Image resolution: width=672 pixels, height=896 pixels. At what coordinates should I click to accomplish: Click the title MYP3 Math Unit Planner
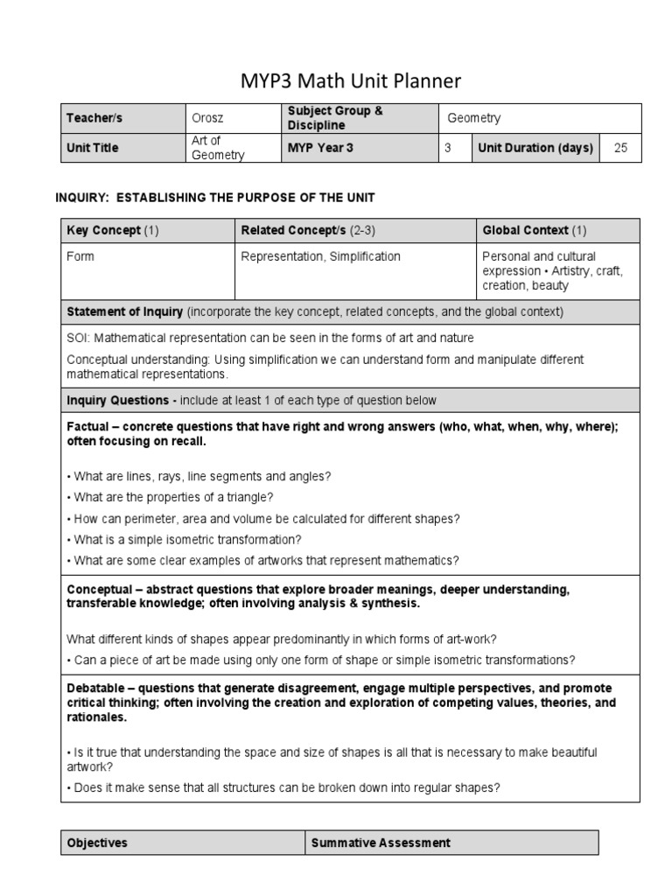tap(350, 81)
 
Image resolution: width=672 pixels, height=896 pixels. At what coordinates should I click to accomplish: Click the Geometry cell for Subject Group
tap(473, 118)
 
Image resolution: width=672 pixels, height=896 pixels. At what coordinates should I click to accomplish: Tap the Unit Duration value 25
tap(620, 148)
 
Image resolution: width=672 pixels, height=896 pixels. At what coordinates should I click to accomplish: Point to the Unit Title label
tap(92, 148)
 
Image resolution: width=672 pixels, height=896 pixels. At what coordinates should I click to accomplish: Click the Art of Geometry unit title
tap(218, 148)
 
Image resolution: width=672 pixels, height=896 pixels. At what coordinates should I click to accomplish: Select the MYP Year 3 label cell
tap(320, 148)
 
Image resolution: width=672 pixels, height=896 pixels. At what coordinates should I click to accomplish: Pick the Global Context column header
tap(534, 231)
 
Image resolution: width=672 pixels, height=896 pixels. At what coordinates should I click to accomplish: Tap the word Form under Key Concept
tap(80, 256)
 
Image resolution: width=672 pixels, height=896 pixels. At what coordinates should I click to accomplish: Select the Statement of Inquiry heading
tap(315, 311)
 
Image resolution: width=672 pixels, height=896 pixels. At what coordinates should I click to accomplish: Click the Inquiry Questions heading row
tap(251, 400)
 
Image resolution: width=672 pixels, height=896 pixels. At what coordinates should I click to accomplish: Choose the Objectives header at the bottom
tap(97, 843)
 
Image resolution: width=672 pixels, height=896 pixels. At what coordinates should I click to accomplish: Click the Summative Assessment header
tap(381, 843)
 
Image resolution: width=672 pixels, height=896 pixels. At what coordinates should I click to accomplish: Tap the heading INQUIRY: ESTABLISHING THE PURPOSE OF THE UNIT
tap(215, 198)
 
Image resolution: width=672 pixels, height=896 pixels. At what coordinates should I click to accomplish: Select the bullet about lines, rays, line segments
tap(199, 476)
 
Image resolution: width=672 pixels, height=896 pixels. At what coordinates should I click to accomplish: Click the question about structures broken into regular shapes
tap(283, 787)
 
